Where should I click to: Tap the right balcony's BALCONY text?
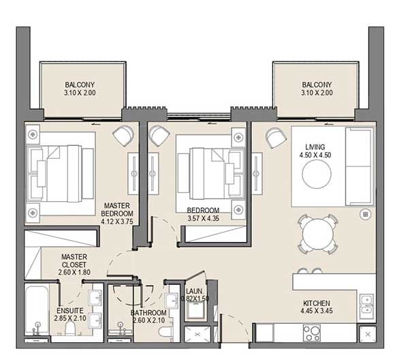[316, 85]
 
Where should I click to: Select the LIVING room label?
[315, 147]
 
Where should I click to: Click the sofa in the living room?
[360, 166]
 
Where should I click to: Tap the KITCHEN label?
[317, 303]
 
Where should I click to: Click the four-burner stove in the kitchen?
[313, 333]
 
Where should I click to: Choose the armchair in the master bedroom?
[124, 135]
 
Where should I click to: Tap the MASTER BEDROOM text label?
[118, 209]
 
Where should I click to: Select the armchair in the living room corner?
[276, 137]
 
